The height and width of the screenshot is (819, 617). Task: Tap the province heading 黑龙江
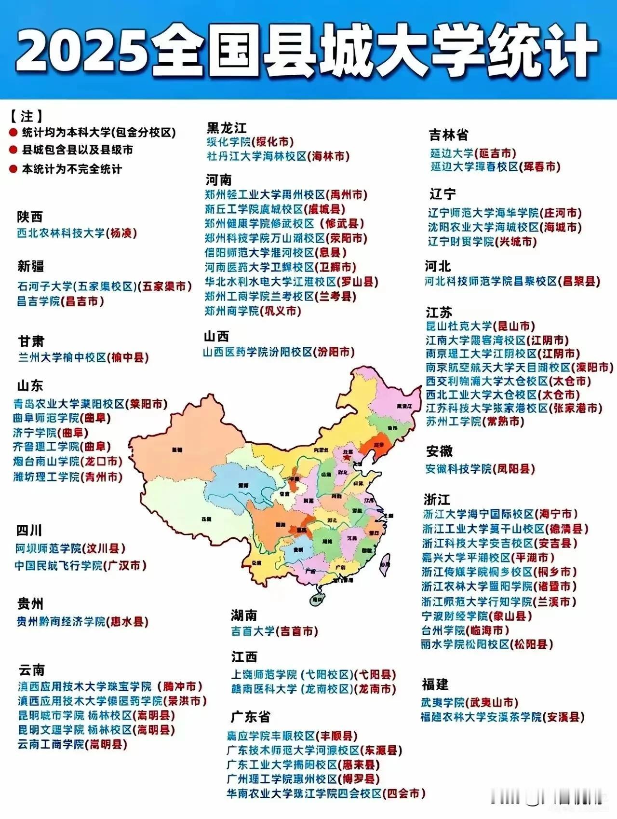(227, 128)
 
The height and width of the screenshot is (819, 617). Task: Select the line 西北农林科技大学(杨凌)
(77, 233)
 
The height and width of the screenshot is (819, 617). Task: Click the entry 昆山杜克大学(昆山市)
(480, 327)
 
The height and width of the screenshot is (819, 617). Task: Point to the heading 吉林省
(448, 135)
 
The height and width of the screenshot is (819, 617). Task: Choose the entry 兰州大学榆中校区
(83, 358)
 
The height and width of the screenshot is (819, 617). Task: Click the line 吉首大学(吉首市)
(274, 631)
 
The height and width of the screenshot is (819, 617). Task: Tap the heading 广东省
(250, 717)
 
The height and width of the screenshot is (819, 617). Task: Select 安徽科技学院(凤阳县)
(480, 469)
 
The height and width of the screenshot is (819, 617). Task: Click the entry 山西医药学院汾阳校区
(278, 353)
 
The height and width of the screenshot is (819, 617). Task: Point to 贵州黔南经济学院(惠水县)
(82, 622)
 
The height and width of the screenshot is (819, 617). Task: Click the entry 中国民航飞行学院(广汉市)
(80, 565)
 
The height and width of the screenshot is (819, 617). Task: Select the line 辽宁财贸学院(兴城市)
(482, 242)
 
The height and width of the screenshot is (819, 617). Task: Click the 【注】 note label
(26, 116)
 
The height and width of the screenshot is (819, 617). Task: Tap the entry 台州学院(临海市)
(465, 630)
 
